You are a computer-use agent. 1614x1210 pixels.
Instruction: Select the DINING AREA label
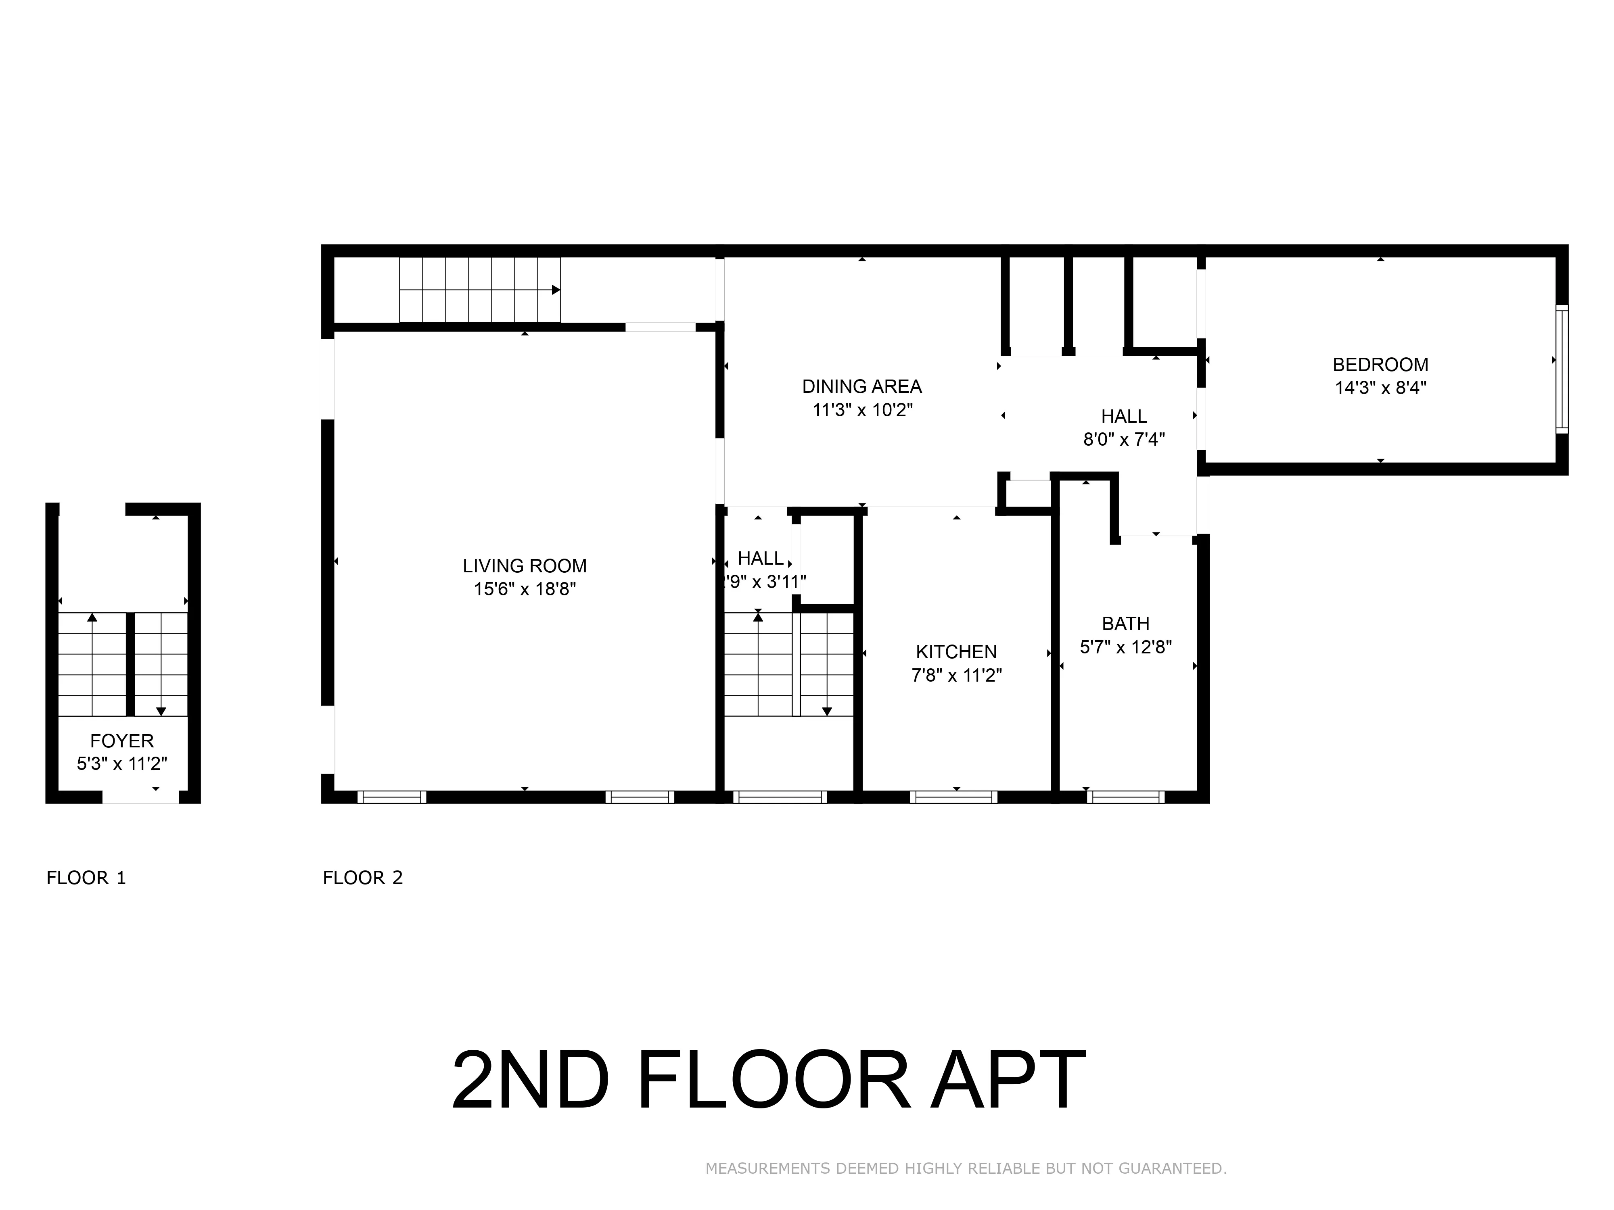[x=862, y=386]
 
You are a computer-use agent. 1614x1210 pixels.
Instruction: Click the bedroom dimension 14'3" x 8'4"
[x=1380, y=387]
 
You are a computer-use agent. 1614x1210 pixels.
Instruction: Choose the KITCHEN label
[x=956, y=651]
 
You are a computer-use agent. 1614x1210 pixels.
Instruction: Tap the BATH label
[x=1125, y=624]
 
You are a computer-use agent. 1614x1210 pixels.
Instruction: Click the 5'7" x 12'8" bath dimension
[x=1125, y=646]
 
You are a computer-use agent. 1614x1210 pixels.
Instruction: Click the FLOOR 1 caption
[x=86, y=877]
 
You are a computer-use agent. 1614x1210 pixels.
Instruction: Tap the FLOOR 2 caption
[x=363, y=877]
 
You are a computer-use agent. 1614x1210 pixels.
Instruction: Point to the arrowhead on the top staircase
[x=556, y=290]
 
